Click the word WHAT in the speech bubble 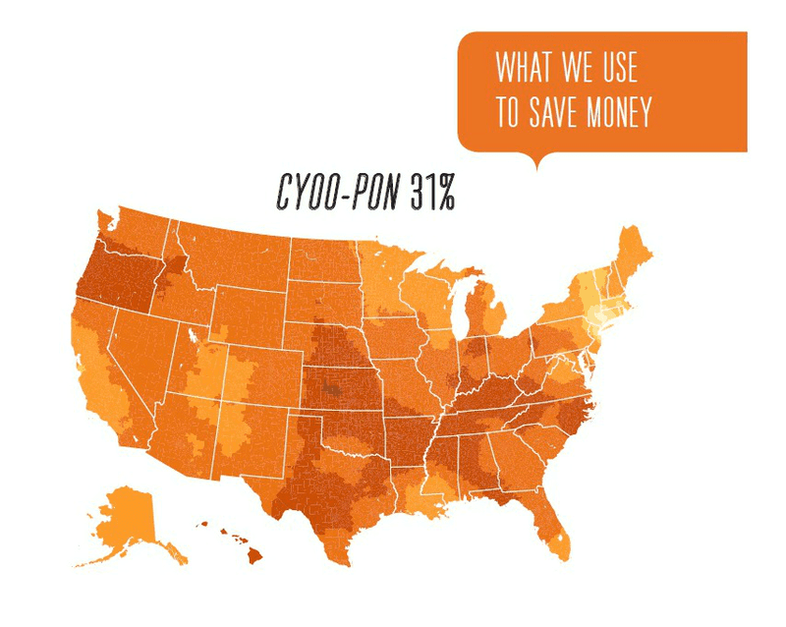523,69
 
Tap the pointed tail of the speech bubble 535,161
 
